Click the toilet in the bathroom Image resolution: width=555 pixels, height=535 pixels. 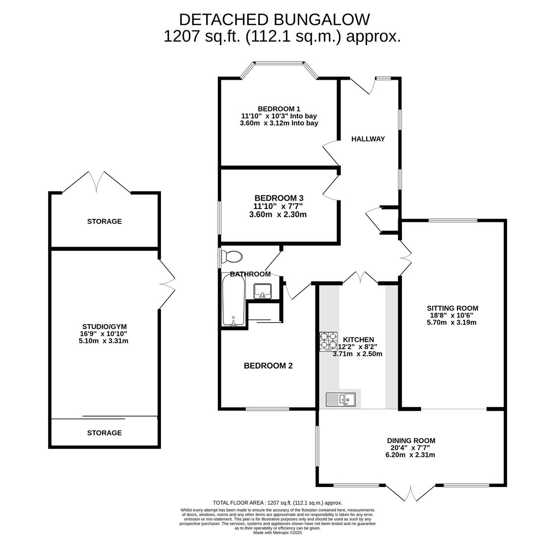point(232,257)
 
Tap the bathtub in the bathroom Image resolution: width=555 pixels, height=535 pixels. point(233,300)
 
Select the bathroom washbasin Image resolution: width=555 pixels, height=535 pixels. point(262,291)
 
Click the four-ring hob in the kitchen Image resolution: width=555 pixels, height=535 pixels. point(328,341)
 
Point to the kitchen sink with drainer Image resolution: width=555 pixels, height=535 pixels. point(340,399)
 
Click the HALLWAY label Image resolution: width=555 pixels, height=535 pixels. point(368,139)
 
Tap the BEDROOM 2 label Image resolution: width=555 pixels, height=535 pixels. point(268,366)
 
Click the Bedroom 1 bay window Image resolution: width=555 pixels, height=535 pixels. point(279,64)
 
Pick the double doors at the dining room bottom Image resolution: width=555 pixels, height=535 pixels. point(410,493)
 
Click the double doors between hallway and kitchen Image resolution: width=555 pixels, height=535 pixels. point(360,277)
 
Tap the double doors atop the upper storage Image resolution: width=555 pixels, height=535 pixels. point(96,182)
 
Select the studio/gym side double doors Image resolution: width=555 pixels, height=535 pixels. point(167,284)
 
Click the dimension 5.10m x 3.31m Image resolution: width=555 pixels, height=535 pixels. point(103,341)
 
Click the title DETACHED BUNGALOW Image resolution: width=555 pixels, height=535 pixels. point(274,20)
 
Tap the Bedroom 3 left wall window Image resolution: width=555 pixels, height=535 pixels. point(220,217)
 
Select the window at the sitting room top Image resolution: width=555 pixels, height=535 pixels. point(453,220)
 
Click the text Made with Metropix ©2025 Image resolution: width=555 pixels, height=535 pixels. point(277,533)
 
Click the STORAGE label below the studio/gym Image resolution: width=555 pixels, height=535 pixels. point(104,433)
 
